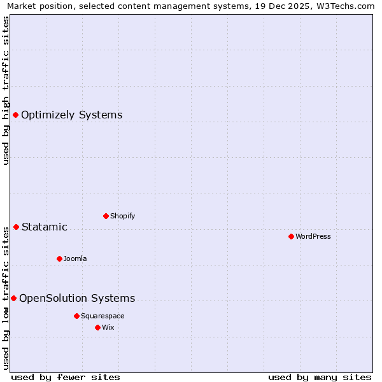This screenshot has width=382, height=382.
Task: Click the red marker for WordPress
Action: pos(291,236)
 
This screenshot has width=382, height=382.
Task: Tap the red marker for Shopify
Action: pos(106,216)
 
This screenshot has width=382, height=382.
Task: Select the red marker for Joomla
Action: pos(59,258)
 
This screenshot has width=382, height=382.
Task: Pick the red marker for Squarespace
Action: pos(76,316)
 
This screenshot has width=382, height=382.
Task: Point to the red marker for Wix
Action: pos(97,327)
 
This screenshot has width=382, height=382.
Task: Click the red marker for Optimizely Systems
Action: pos(16,115)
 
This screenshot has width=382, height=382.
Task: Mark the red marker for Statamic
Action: pos(16,227)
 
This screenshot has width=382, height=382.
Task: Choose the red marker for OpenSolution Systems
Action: pos(13,298)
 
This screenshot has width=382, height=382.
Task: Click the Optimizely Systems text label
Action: pos(71,115)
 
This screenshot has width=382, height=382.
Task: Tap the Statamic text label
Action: pos(44,227)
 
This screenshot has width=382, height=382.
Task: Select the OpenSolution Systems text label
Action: pos(77,299)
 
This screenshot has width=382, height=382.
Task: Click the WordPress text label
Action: pos(313,236)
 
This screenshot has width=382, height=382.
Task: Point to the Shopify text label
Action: pos(122,216)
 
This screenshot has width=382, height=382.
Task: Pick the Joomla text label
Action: pos(75,258)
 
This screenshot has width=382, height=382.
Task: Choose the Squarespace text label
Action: pos(103,316)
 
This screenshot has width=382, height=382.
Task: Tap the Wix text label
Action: pos(108,327)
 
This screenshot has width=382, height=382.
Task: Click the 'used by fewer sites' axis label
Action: pos(66,378)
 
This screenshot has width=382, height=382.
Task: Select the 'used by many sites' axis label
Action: pos(320,378)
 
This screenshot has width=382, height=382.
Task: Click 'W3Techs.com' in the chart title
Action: pos(347,6)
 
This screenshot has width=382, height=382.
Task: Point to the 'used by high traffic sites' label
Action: pos(6,90)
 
